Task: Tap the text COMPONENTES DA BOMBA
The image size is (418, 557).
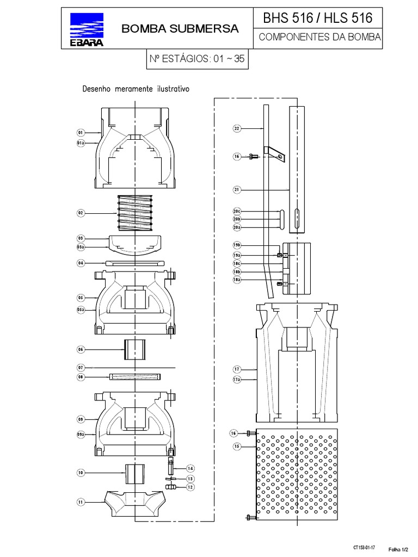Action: point(318,39)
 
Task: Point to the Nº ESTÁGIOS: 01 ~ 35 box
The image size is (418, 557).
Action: point(197,61)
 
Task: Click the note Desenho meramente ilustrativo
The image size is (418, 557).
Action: point(135,88)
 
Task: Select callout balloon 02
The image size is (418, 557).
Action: point(80,213)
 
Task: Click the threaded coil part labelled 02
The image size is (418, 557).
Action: point(134,213)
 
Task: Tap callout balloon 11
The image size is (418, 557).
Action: point(80,503)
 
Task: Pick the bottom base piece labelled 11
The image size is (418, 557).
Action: point(134,503)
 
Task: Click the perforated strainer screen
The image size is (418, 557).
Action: point(297,473)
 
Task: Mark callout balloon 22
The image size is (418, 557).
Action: point(237,128)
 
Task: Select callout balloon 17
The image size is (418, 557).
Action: point(237,369)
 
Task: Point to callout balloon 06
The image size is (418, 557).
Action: point(80,349)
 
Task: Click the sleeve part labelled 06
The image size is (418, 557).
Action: point(134,349)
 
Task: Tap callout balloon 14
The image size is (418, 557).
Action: point(190,468)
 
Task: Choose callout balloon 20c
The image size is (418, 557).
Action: point(237,211)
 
